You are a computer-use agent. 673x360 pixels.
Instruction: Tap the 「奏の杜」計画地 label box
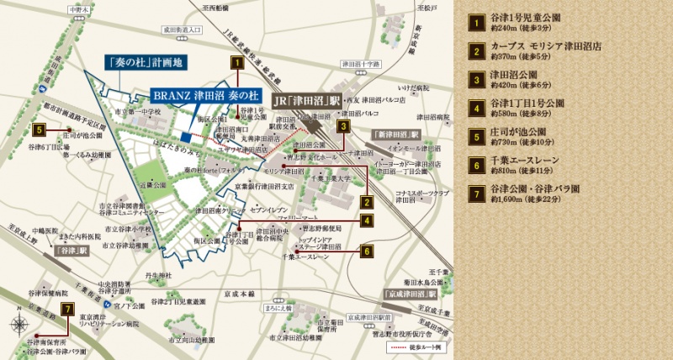tap(146, 62)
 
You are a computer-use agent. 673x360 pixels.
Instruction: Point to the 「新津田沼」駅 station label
tap(393, 135)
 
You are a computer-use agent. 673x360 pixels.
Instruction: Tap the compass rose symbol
tap(19, 325)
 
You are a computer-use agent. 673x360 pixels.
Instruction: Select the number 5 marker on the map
tap(40, 130)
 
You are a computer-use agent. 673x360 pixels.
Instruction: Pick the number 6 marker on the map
tap(366, 250)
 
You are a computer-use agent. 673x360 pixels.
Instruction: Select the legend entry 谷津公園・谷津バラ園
tap(539, 191)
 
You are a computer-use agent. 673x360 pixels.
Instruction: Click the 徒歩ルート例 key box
tap(413, 347)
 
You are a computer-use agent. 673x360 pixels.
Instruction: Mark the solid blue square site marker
tap(185, 138)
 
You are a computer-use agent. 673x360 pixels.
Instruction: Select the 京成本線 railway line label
tap(239, 296)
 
